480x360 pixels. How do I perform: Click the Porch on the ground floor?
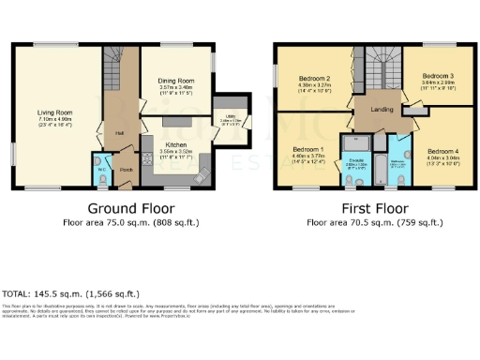[126, 170]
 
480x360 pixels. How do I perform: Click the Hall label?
[121, 132]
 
